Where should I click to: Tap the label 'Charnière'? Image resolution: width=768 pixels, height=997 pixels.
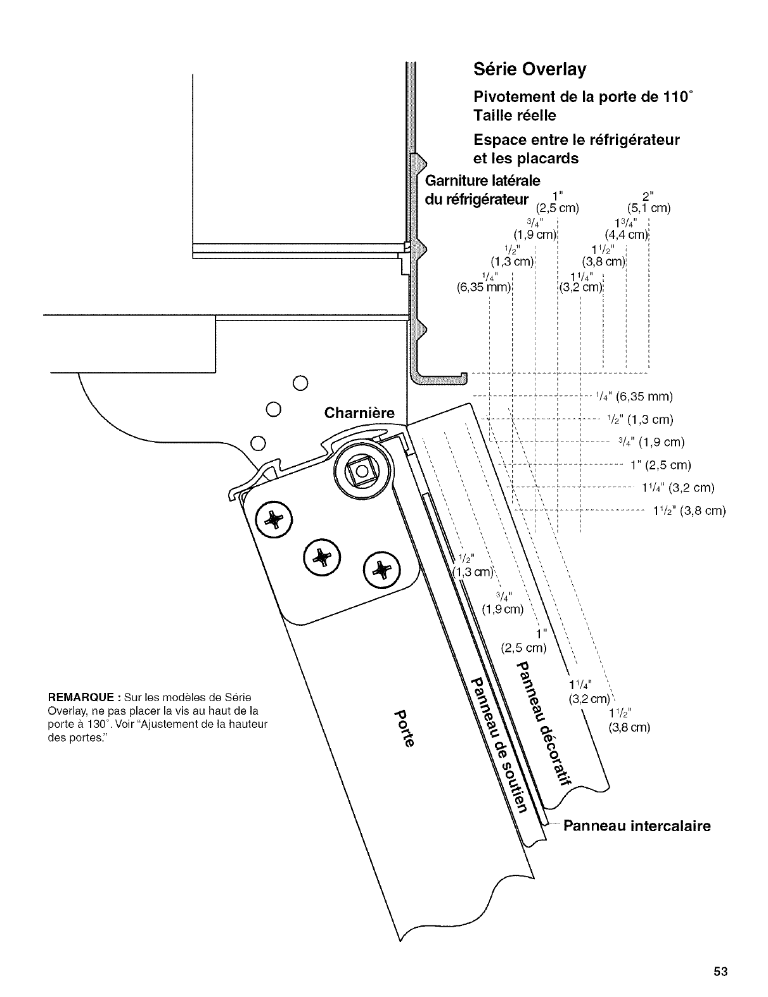coord(359,414)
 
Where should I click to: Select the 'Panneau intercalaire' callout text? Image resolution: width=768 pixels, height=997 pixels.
coord(637,826)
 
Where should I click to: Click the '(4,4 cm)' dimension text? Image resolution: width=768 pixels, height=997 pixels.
coord(626,236)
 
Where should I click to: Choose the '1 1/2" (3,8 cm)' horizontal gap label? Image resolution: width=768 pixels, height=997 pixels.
coord(689,511)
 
